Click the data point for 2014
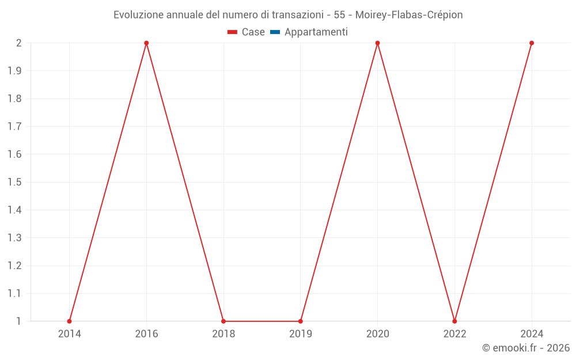(x=69, y=321)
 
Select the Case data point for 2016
(x=146, y=43)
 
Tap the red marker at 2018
(x=223, y=321)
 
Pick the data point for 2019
(x=301, y=321)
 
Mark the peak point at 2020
(x=378, y=43)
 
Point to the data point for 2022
(x=454, y=321)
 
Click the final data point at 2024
(x=532, y=43)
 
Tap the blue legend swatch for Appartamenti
(x=275, y=32)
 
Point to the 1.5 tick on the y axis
(x=14, y=182)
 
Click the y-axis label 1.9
(x=14, y=71)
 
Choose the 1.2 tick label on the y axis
(x=14, y=266)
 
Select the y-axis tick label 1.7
(x=14, y=127)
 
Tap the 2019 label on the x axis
(x=301, y=334)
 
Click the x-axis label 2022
(x=454, y=334)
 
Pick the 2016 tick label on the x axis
(x=146, y=334)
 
